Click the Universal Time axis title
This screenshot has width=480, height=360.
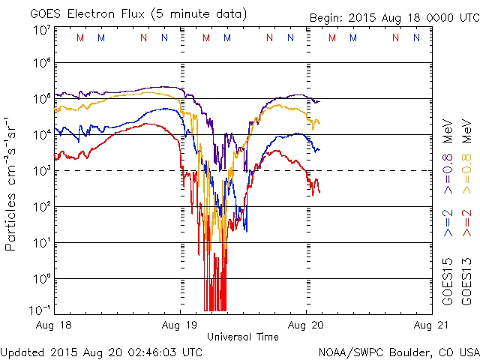pos(242,337)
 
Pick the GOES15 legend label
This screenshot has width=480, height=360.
pos(448,283)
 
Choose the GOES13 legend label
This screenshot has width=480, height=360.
pos(467,283)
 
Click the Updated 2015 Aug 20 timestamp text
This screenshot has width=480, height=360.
pos(101,351)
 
